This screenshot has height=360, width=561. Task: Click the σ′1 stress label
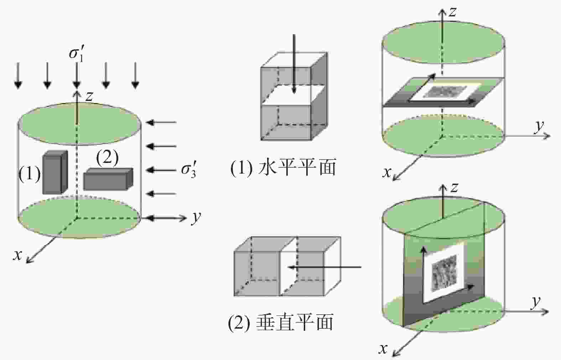point(76,53)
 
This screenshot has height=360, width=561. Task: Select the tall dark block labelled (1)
point(55,173)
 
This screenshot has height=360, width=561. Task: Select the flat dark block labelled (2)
point(108,179)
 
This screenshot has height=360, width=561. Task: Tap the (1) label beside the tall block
point(30,174)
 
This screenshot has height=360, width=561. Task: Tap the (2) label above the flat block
point(108,158)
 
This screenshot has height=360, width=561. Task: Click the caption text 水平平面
point(297,168)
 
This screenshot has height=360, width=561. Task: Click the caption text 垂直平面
point(295,322)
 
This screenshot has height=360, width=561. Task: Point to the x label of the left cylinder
point(17,255)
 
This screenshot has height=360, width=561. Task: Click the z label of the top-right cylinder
point(452,12)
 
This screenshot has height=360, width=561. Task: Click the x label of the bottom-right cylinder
point(383,349)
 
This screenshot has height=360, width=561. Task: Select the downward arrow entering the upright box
point(294,64)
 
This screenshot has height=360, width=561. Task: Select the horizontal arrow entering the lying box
point(324,267)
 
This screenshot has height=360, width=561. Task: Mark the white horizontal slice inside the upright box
point(294,95)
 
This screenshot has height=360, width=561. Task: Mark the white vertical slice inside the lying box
point(288,266)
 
